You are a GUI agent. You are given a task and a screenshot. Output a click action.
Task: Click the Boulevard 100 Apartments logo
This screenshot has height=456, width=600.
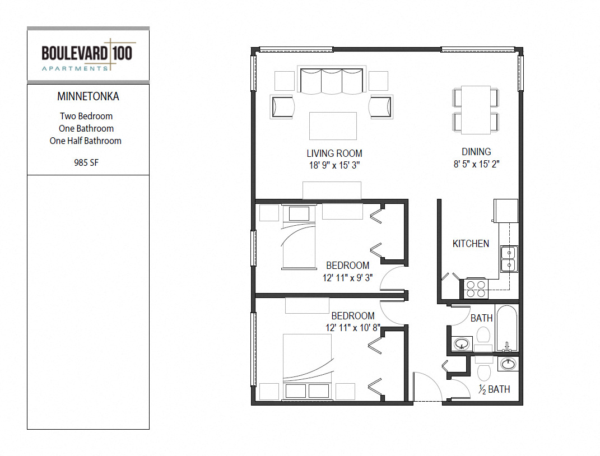(89, 55)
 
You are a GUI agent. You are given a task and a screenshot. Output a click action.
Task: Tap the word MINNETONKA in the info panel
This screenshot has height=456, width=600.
(88, 96)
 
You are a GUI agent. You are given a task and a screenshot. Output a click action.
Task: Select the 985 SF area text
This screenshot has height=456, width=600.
(86, 162)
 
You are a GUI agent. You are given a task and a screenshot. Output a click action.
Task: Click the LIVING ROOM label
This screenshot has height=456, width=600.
(334, 153)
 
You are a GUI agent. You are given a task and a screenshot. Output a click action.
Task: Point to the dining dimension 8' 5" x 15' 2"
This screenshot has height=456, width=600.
(476, 164)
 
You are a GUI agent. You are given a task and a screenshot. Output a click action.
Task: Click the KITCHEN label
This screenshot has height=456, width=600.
(471, 244)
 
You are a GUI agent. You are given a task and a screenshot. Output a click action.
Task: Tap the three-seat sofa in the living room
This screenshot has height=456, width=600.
(332, 81)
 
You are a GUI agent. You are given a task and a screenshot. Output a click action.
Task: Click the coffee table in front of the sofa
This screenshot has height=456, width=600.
(333, 126)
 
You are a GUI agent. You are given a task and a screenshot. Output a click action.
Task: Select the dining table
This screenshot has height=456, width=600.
(476, 110)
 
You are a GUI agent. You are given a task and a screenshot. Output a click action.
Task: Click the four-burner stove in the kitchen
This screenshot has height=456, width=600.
(476, 289)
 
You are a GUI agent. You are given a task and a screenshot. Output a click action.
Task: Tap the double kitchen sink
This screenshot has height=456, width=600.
(509, 259)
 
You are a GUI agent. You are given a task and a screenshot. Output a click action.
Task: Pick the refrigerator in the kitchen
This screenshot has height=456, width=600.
(506, 211)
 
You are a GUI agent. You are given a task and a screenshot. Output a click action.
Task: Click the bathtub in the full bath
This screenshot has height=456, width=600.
(506, 328)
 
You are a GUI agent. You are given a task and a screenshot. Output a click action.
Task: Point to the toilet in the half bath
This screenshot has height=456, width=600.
(483, 369)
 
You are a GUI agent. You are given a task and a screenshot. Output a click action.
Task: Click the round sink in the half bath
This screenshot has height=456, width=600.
(508, 364)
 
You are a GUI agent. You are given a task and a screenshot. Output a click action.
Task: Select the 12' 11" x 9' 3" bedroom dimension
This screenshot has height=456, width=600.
(347, 278)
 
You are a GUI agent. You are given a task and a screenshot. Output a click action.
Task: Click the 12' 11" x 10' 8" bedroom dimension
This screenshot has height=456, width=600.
(353, 328)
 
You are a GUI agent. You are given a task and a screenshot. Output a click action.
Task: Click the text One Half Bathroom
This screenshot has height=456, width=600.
(85, 141)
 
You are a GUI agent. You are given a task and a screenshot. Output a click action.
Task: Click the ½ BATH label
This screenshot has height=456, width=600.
(494, 389)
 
